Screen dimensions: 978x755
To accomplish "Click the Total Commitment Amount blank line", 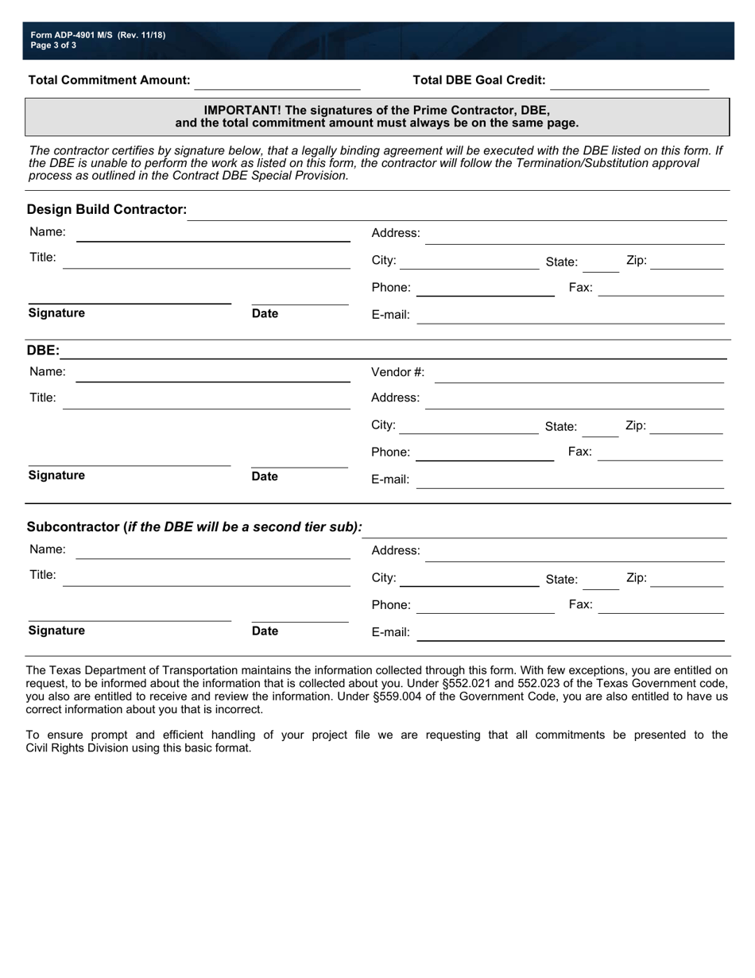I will pos(277,82).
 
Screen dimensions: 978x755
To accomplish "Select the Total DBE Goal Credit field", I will pos(629,82).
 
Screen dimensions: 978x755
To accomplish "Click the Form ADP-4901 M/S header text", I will pos(98,35).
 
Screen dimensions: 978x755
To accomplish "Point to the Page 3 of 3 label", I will pos(54,45).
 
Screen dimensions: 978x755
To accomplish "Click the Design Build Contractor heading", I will pos(106,210).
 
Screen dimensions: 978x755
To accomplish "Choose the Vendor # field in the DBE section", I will pos(579,375).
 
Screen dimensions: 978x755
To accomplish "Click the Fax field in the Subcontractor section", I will pos(660,606).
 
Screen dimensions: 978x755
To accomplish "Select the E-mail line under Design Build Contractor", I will pos(571,316).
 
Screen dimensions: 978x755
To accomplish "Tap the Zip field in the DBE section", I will pos(686,427).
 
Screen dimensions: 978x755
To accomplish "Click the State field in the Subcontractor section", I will pos(602,581).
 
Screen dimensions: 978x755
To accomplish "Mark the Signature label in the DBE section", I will pos(56,475).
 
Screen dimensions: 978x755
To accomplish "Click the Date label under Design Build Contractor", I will pos(265,314).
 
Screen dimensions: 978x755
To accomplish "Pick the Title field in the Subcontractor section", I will pos(206,577).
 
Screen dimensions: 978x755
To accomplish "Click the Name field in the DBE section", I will pos(212,374).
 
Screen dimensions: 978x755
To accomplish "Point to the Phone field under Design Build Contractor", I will pos(485,289).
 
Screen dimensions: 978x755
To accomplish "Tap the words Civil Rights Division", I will pos(83,748).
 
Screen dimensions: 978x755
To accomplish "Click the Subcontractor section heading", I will pos(194,527).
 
